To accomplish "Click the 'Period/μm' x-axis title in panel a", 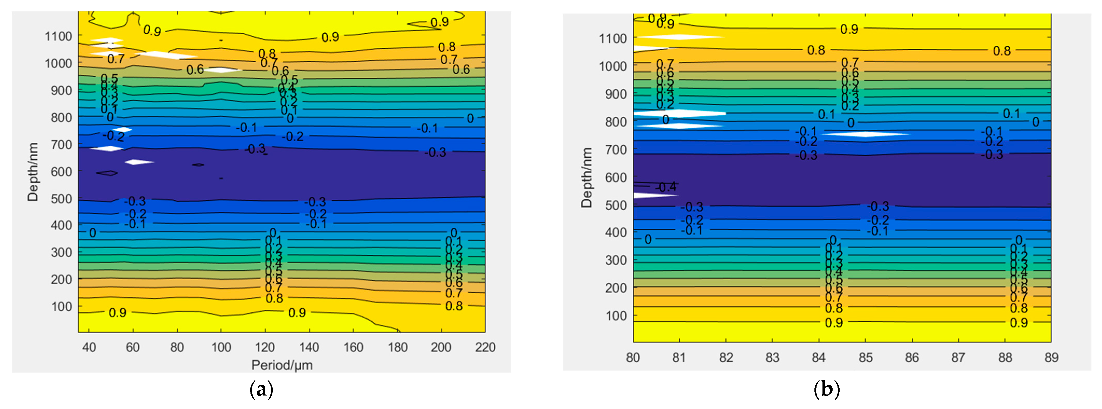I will point(282,365).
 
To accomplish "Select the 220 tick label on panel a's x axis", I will point(485,347).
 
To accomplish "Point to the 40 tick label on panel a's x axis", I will point(89,347).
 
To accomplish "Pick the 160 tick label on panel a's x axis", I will point(353,347).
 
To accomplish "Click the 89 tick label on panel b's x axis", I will point(1051,357).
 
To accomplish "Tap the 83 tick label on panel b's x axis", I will point(772,357).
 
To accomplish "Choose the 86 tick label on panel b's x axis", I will point(912,357).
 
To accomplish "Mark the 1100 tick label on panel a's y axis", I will point(59,36).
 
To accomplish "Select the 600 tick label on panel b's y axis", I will point(616,178).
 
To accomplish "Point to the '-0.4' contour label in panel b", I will point(666,187).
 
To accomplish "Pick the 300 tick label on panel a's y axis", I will point(62,252).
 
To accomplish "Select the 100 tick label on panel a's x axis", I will point(221,347).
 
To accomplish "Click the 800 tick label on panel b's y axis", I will point(616,122).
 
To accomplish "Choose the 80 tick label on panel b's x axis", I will point(633,357).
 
